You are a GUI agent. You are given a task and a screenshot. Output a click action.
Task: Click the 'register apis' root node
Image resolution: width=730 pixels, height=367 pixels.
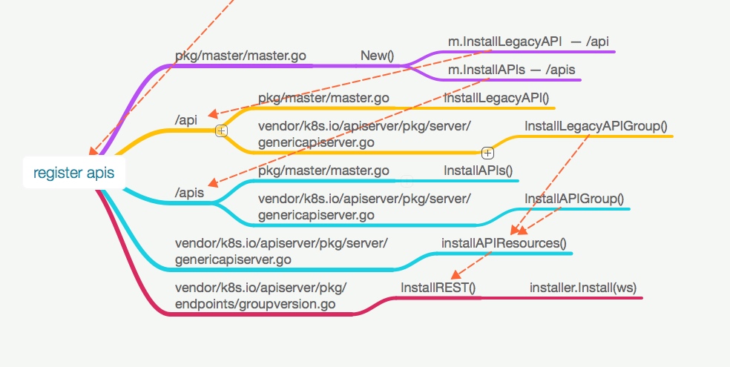73,173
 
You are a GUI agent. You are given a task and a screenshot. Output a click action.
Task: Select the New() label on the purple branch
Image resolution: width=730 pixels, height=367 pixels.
377,56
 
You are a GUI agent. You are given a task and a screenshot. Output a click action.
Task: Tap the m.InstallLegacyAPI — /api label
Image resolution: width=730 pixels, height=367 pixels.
528,42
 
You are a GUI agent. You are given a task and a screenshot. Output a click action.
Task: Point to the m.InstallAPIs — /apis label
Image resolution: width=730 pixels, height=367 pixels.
511,70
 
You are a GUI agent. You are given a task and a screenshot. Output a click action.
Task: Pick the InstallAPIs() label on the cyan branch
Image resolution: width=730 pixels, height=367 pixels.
479,171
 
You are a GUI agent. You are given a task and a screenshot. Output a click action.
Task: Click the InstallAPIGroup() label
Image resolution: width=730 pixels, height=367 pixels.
574,199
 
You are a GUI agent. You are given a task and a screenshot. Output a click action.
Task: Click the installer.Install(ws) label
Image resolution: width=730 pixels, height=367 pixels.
583,287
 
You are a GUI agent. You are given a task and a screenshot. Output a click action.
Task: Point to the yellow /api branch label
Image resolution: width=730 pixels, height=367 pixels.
186,120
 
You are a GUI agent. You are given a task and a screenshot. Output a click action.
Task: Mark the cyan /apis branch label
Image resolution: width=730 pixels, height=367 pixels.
190,193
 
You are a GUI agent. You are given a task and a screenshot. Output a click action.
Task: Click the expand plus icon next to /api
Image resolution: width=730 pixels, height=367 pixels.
220,130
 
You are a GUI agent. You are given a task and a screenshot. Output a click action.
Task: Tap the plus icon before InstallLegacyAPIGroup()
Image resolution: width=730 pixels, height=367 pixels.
487,153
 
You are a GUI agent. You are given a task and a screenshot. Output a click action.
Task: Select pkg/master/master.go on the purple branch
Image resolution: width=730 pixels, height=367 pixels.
240,56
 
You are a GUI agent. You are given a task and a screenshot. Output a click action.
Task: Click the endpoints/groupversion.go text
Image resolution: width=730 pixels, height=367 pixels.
255,304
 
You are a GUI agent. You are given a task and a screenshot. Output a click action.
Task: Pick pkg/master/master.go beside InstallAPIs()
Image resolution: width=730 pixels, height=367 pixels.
323,171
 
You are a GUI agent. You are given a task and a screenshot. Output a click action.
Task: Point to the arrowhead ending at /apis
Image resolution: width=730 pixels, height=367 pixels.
212,184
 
